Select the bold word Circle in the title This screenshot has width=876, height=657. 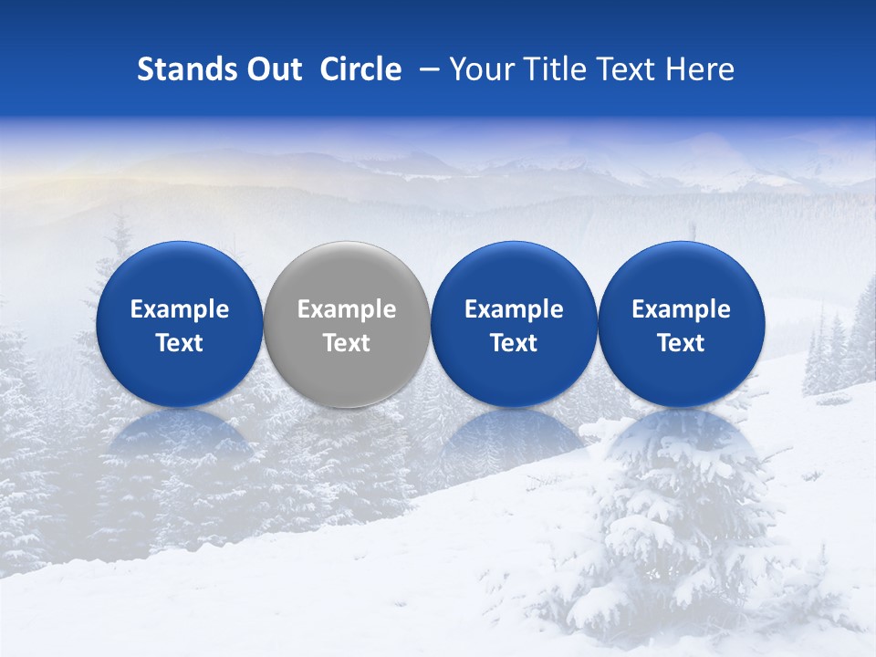[x=360, y=69]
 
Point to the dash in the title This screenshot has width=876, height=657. [x=425, y=70]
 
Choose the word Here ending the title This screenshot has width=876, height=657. [x=700, y=69]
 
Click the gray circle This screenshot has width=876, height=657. [x=347, y=324]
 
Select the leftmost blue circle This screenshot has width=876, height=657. [x=179, y=324]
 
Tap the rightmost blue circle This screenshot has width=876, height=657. [x=681, y=324]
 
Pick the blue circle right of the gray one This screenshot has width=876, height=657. [x=514, y=324]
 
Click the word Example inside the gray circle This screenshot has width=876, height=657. [x=347, y=309]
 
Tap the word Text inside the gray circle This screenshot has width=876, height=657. [x=347, y=343]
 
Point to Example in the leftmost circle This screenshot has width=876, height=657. [x=179, y=309]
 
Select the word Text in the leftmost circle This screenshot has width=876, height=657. [x=179, y=343]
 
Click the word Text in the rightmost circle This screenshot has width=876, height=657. [x=681, y=343]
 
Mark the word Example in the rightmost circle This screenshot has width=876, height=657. [x=681, y=309]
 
